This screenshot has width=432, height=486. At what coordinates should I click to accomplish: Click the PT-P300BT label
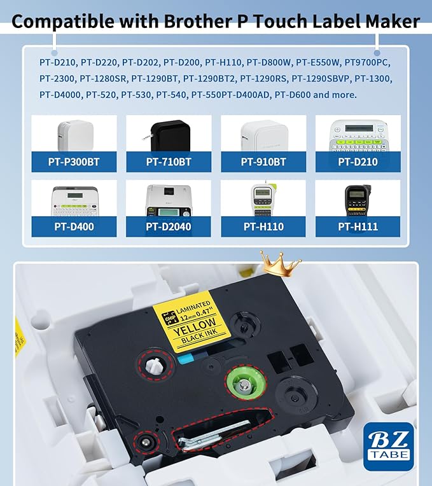74,162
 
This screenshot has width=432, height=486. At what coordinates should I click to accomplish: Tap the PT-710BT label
169,162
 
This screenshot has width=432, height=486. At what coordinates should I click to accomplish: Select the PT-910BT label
263,162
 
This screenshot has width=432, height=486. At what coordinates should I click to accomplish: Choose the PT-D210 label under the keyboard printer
358,162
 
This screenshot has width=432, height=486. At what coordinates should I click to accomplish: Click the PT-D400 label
74,226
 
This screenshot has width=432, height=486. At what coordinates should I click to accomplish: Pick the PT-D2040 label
169,226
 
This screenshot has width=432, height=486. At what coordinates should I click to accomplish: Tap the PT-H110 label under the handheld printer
263,226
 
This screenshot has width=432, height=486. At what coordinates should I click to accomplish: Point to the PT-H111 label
358,226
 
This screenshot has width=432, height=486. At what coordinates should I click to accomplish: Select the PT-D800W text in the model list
273,62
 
